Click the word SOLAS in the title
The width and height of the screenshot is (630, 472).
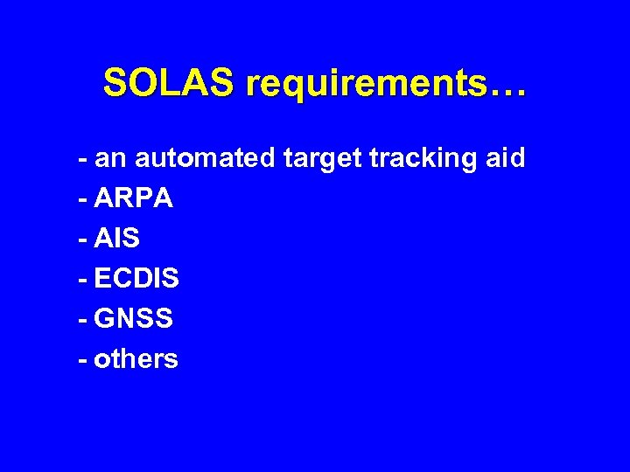coord(168,84)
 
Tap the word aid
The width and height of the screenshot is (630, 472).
coord(503,158)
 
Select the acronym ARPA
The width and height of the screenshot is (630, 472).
coord(133,199)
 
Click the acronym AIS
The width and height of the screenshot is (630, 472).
coord(117,239)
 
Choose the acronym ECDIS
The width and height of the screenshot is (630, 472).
coord(136,279)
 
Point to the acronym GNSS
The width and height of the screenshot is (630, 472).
coord(133,318)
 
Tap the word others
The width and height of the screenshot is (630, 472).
coord(136,358)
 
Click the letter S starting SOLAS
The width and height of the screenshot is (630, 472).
coord(113,84)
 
